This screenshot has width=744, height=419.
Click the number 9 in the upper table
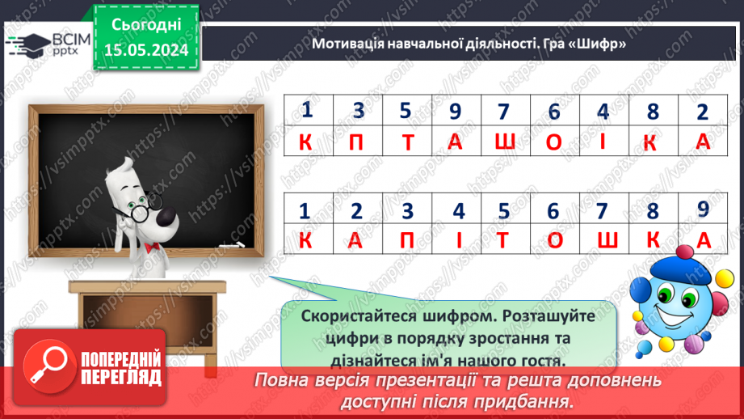click(x=455, y=109)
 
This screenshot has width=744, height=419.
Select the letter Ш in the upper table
click(x=505, y=142)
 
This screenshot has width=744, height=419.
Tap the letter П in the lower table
click(x=408, y=240)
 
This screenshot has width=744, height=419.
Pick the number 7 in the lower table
click(x=601, y=211)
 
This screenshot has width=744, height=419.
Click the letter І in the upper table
click(x=603, y=142)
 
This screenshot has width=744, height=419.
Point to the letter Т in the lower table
click(x=505, y=240)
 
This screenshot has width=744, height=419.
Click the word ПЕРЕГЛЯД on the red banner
click(x=120, y=378)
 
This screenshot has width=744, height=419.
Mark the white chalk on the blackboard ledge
click(x=232, y=243)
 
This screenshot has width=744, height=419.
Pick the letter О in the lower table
click(x=553, y=240)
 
